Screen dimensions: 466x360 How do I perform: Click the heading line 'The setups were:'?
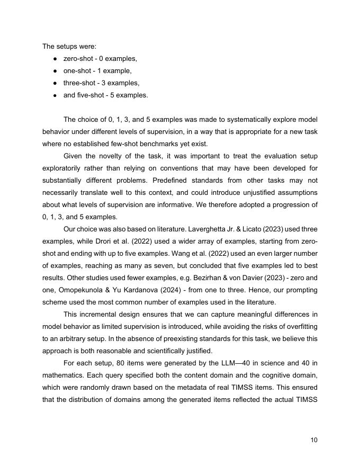69,46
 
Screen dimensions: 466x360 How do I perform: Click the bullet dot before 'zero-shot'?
55,59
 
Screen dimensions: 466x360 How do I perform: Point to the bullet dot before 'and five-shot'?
55,96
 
